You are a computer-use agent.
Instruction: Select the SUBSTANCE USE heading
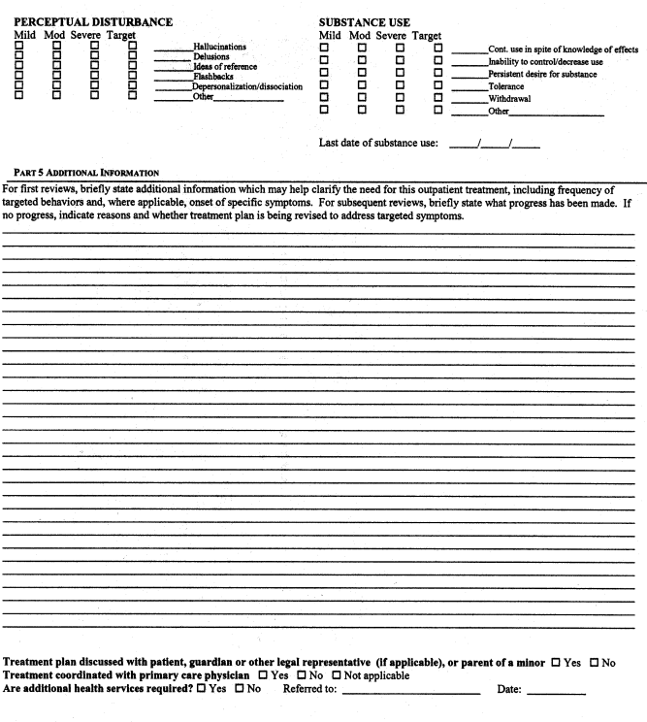pos(364,21)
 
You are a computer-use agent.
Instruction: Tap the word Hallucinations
pos(219,47)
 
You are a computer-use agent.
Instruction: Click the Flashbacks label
pos(212,77)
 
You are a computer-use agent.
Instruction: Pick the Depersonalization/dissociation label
pos(247,87)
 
